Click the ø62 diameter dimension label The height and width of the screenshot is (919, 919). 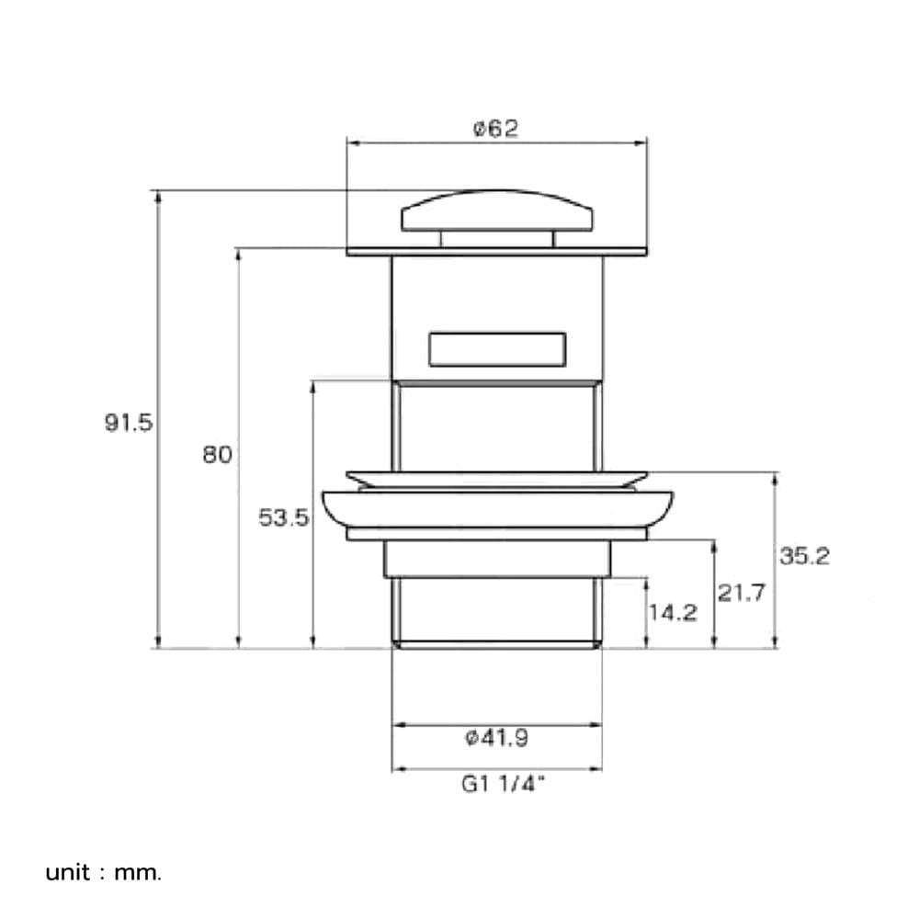click(496, 129)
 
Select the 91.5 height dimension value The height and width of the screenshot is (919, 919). click(129, 422)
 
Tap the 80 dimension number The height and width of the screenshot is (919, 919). click(217, 454)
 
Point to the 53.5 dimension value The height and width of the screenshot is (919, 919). click(284, 517)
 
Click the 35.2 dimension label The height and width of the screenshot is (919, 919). click(804, 556)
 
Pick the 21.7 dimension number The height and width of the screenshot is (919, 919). click(742, 593)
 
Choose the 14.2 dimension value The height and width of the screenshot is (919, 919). click(673, 612)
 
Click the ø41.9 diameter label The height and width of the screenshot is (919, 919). click(496, 738)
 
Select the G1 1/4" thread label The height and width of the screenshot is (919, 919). click(503, 784)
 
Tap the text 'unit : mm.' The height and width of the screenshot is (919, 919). click(103, 873)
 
